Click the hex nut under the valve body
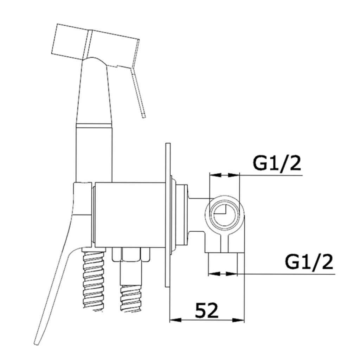click(x=131, y=255)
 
